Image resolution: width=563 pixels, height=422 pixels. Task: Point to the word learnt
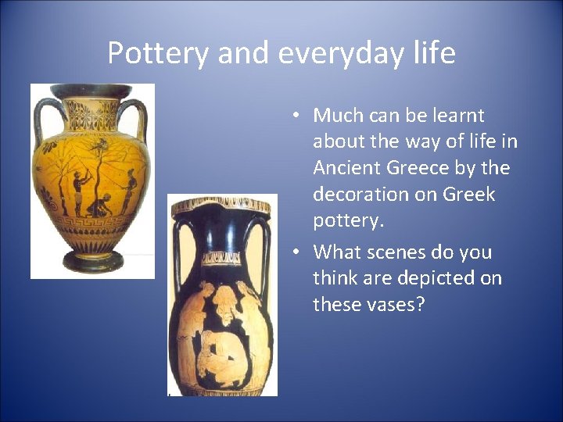click(456, 116)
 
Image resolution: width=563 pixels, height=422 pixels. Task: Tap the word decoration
click(360, 195)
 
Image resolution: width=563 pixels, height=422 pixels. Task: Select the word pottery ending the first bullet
click(347, 221)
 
